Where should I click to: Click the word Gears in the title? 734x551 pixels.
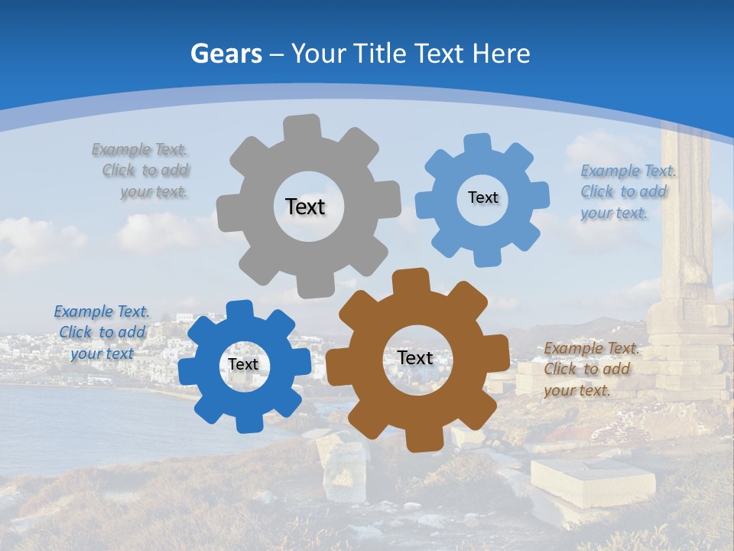(x=226, y=54)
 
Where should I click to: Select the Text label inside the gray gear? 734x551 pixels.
(x=305, y=207)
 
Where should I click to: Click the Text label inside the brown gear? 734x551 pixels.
(x=415, y=357)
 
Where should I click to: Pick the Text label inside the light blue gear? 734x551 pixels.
(x=482, y=197)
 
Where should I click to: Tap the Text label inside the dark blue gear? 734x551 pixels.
(x=243, y=364)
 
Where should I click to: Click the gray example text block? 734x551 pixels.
(x=141, y=171)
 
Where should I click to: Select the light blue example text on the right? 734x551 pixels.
(x=626, y=191)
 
